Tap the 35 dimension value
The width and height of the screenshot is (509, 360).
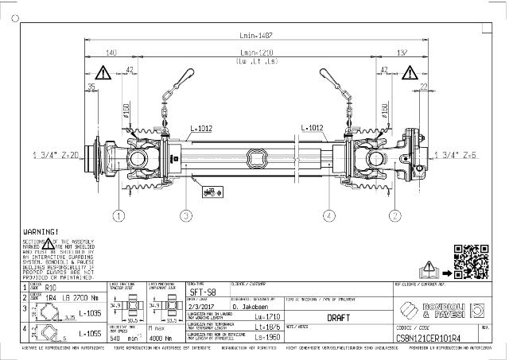(91, 86)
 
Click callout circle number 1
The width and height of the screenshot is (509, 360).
(119, 215)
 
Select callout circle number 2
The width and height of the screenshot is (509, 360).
(394, 215)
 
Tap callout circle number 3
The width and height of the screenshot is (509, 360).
(185, 215)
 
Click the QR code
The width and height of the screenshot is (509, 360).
(468, 259)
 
